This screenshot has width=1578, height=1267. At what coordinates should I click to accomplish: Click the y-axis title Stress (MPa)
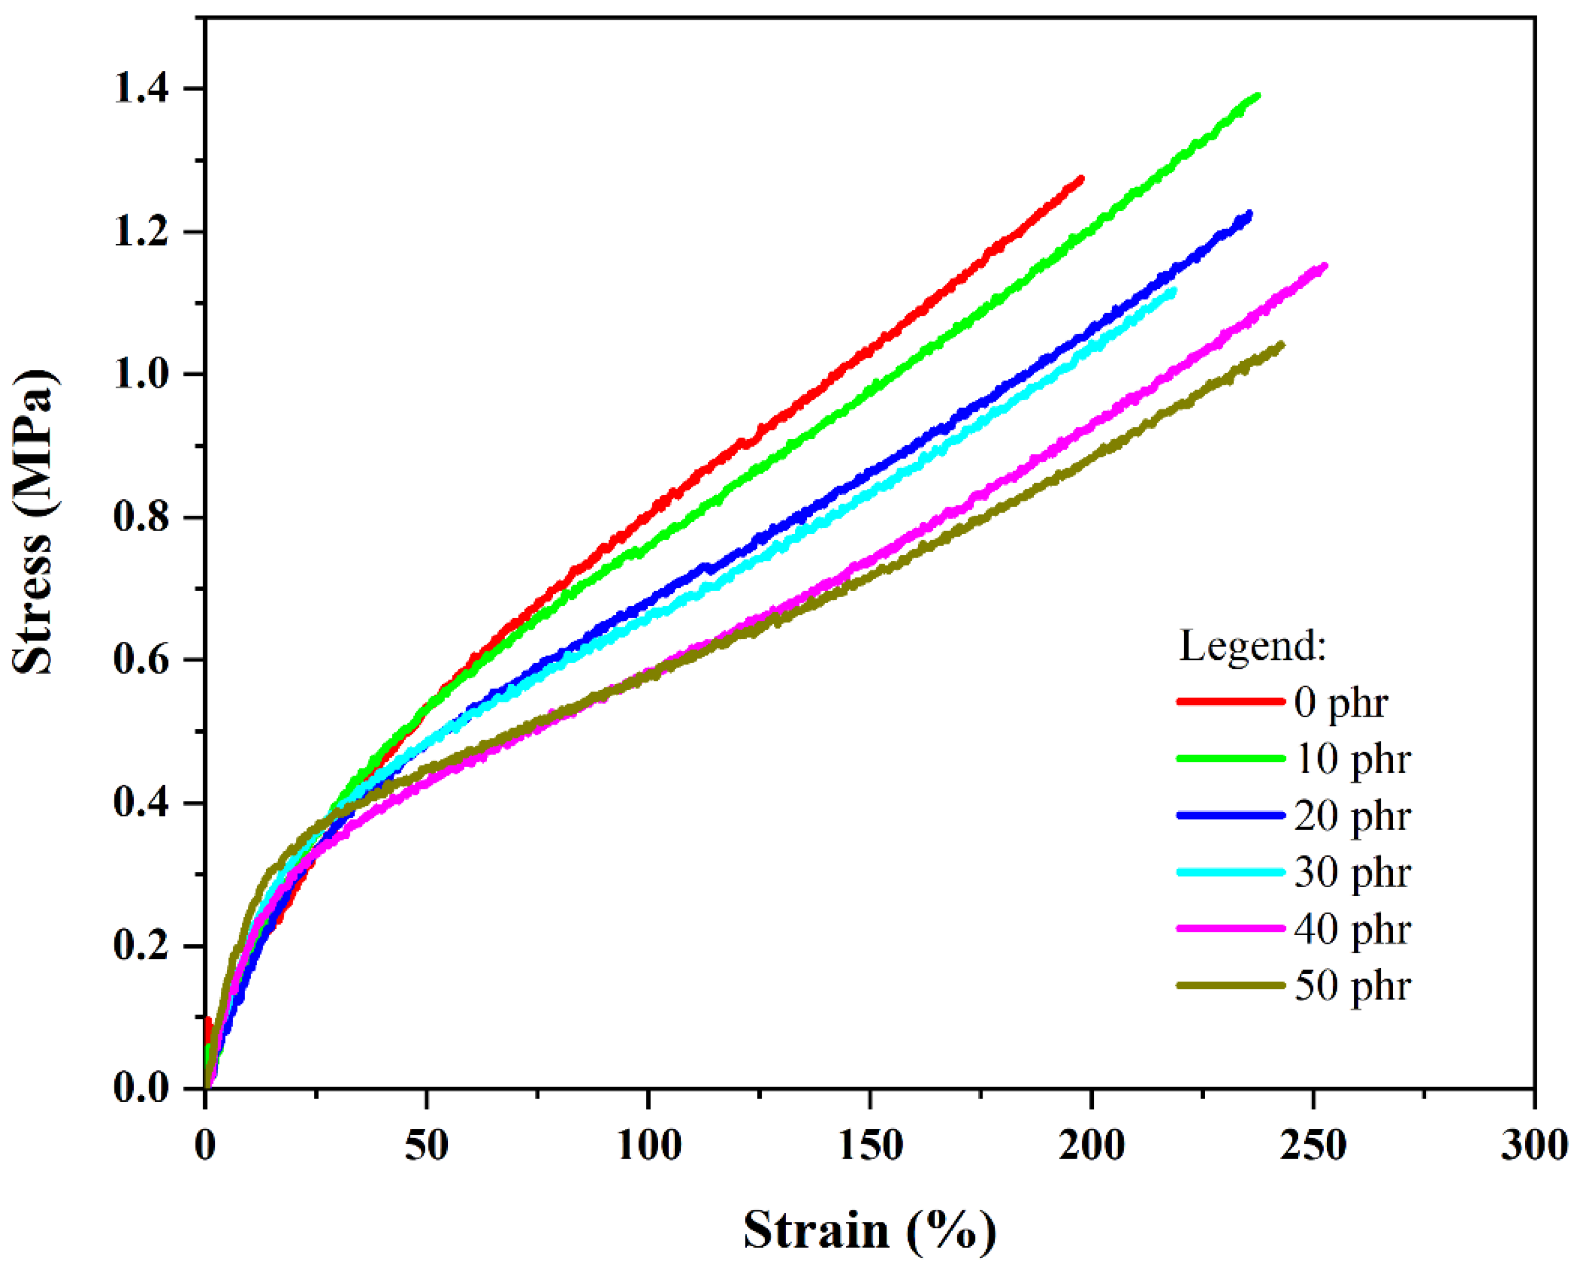pos(33,522)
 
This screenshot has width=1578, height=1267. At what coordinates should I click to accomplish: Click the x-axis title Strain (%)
pos(870,1229)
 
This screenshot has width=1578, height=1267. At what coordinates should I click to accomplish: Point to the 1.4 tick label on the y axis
pos(140,89)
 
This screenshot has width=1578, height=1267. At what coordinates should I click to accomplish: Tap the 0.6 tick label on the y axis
pos(140,659)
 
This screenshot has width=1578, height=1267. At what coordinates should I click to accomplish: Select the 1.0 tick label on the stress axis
pos(140,374)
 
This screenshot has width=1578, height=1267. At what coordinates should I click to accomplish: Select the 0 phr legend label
pos(1340,702)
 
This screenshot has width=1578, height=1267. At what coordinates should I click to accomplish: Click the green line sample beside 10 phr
pos(1231,758)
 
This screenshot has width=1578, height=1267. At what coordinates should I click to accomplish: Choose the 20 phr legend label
pos(1352,816)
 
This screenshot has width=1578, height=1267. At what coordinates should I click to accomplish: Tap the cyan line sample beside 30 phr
pos(1231,872)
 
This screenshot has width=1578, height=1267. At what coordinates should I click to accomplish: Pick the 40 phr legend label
pos(1352,929)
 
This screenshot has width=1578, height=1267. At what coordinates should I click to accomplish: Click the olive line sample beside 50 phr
pos(1231,985)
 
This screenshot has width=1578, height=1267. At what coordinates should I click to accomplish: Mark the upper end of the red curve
pos(1081,178)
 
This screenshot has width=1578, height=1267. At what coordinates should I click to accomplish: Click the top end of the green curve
pos(1257,95)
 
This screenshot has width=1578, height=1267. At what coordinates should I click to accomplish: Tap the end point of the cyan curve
pos(1174,291)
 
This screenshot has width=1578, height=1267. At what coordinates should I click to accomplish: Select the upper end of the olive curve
pos(1281,344)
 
